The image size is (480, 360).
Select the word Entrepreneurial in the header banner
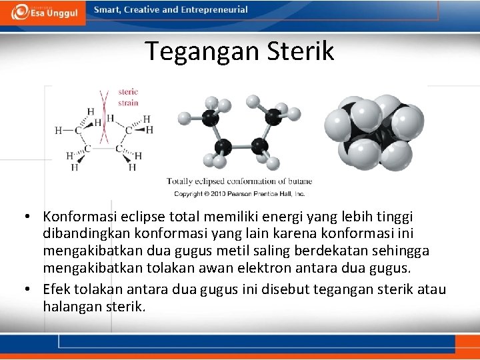pyautogui.click(x=213, y=10)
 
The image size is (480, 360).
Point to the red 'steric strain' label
pyautogui.click(x=127, y=97)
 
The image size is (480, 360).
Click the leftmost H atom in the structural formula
pyautogui.click(x=59, y=130)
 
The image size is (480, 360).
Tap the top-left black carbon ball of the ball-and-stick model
pyautogui.click(x=210, y=119)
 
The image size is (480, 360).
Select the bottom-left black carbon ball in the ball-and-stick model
pyautogui.click(x=223, y=147)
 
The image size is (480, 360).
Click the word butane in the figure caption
pyautogui.click(x=299, y=181)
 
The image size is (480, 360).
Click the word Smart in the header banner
pyautogui.click(x=107, y=10)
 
